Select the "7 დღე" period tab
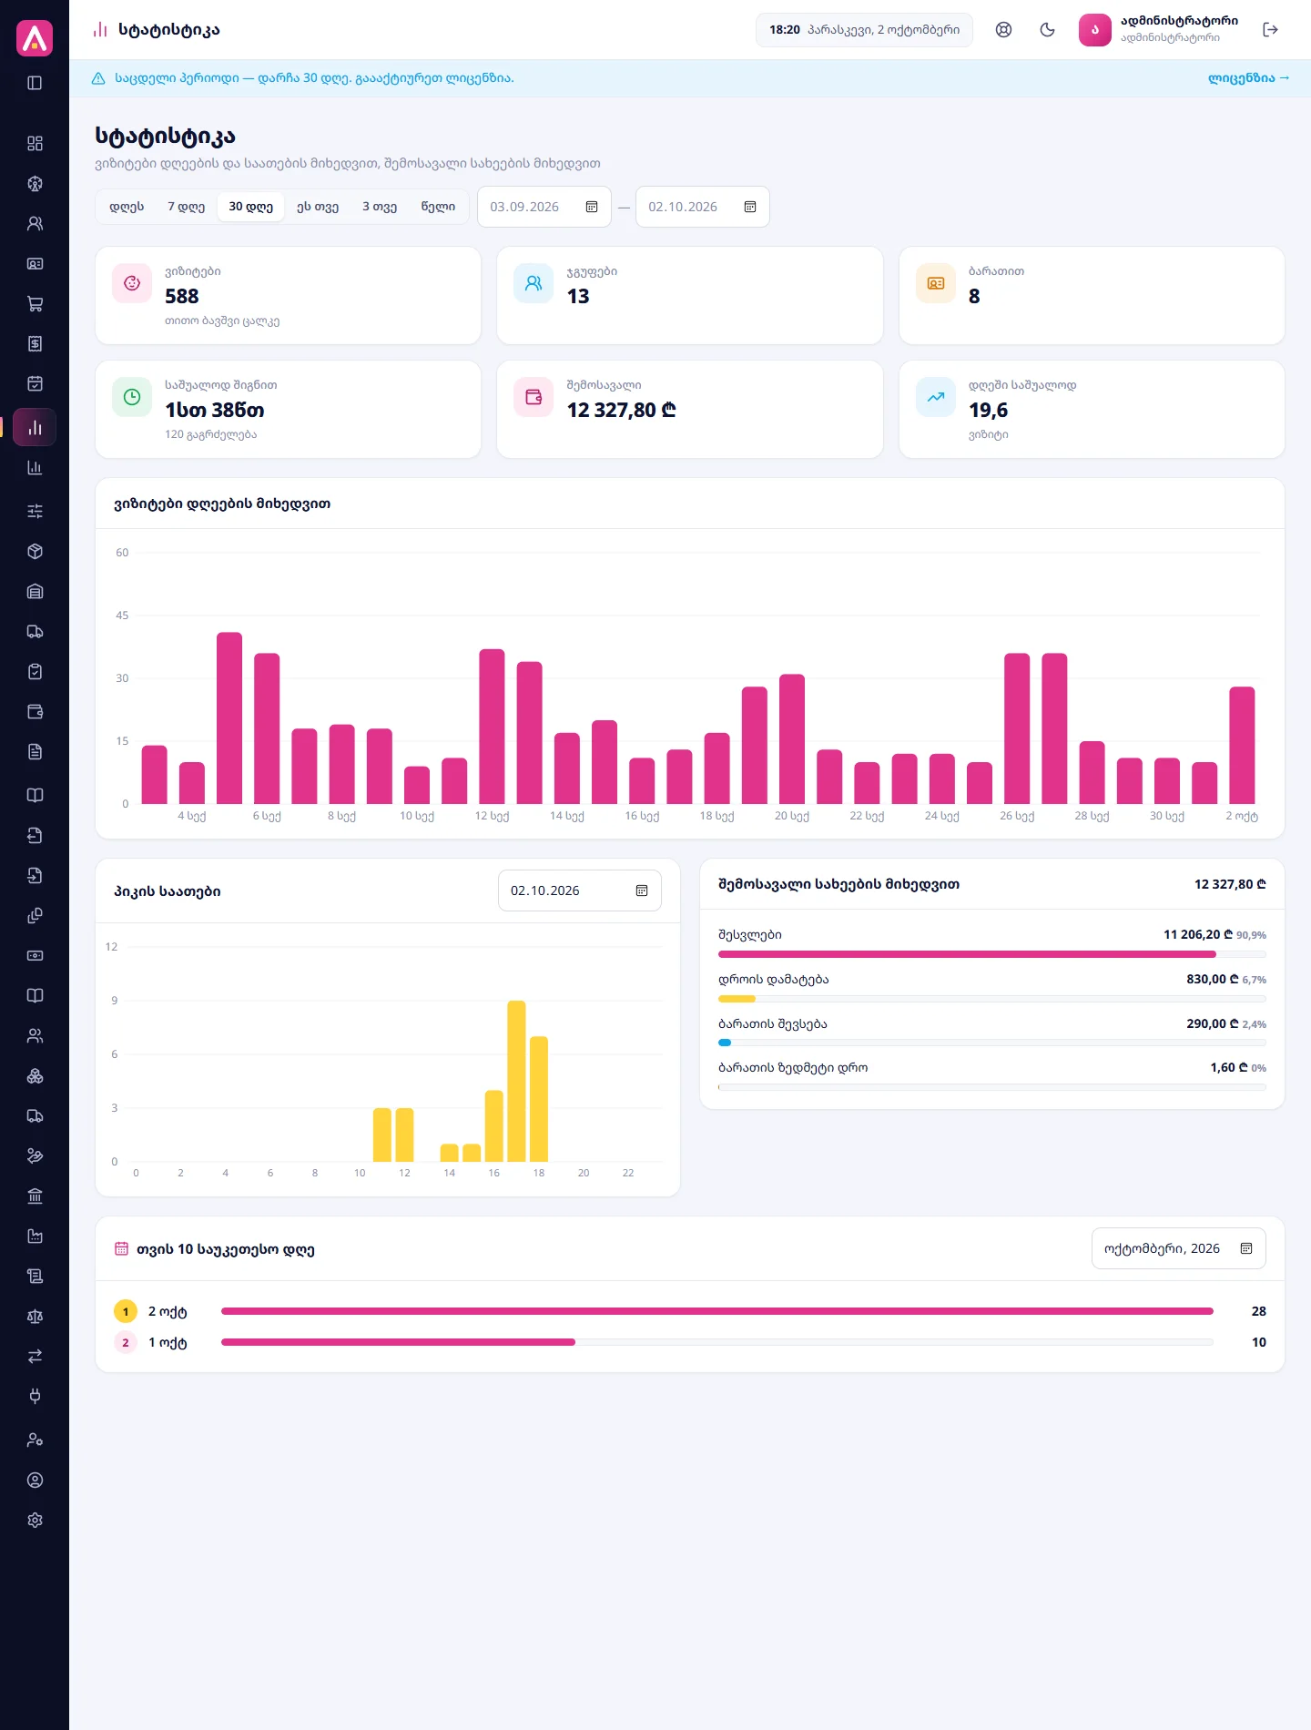tap(186, 207)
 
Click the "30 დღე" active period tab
tap(250, 207)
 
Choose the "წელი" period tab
tap(438, 207)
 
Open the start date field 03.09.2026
tap(544, 207)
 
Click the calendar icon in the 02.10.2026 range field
tap(750, 207)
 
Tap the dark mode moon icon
tap(1048, 30)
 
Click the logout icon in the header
tap(1271, 30)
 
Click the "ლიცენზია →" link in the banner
tap(1248, 78)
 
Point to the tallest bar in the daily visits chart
tap(229, 717)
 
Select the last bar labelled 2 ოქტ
tap(1242, 745)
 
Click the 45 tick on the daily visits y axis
tap(122, 616)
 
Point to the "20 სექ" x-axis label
tap(792, 816)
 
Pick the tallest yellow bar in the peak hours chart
tap(516, 1081)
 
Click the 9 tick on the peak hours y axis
tap(115, 1001)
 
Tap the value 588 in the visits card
tap(182, 296)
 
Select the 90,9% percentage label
tap(1251, 935)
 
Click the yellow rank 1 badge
tap(126, 1311)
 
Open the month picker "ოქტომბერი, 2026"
tap(1178, 1248)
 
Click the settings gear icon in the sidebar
tap(35, 1520)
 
